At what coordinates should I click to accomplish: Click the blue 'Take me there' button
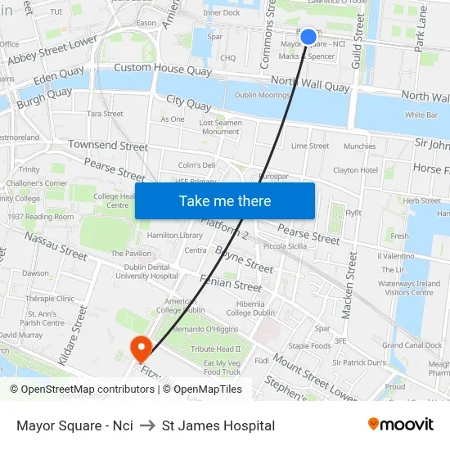(225, 200)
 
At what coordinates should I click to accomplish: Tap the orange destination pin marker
(141, 349)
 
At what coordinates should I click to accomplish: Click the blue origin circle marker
(308, 36)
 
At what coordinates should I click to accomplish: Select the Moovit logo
(401, 425)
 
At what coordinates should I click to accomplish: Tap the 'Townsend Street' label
(108, 146)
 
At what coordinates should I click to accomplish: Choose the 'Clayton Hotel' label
(355, 170)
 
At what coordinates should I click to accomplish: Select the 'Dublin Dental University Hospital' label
(145, 271)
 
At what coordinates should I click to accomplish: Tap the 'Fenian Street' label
(235, 286)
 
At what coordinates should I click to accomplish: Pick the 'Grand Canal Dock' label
(413, 345)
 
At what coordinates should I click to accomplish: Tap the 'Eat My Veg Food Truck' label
(222, 367)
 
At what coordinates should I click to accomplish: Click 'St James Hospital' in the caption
(218, 425)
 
